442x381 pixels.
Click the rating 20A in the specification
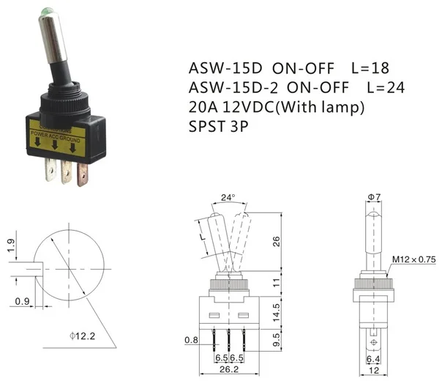204,108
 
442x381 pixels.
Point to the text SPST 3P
219,127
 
